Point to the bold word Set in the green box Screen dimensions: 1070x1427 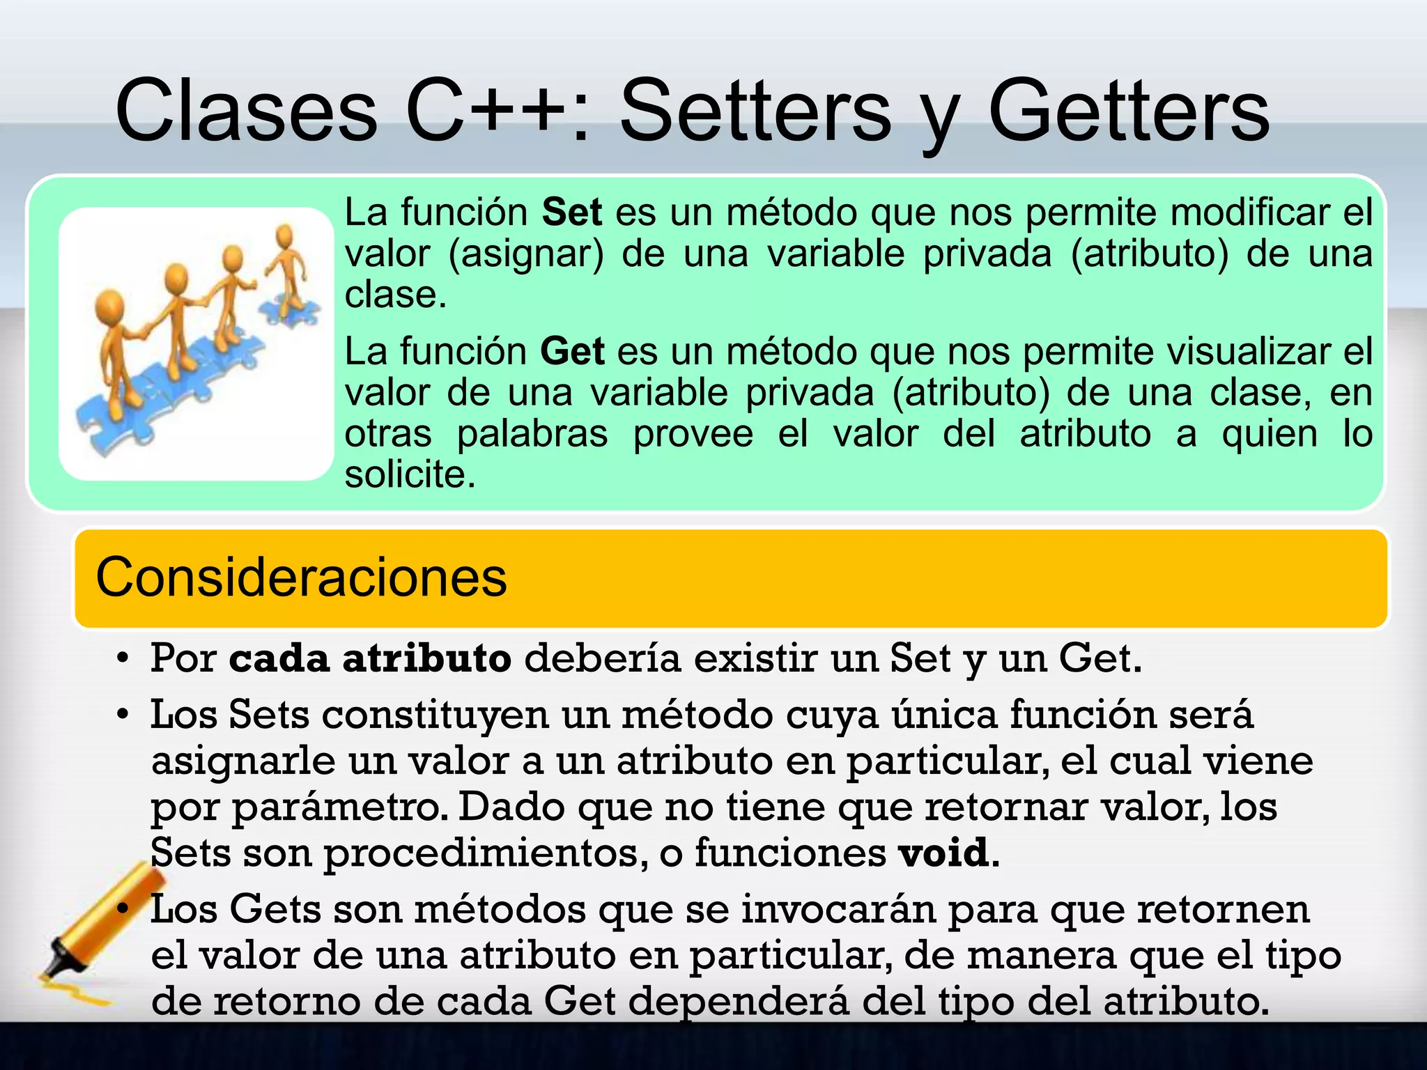click(571, 212)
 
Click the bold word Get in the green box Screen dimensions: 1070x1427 click(572, 351)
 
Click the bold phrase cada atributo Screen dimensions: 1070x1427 click(370, 658)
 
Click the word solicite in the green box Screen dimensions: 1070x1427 click(410, 475)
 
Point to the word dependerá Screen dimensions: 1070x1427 click(739, 1002)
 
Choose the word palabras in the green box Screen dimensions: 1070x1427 click(532, 434)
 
